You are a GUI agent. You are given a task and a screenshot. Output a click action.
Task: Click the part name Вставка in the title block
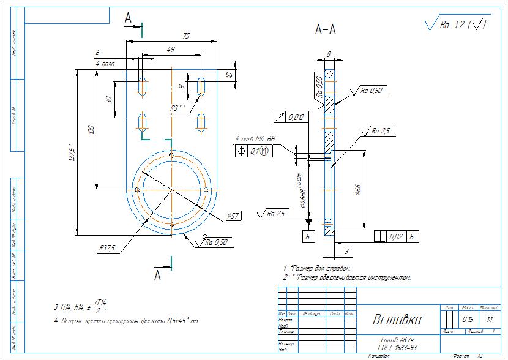(x=398, y=320)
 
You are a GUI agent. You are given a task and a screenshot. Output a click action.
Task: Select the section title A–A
(x=325, y=29)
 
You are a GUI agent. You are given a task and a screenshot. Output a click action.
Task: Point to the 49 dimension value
(x=171, y=49)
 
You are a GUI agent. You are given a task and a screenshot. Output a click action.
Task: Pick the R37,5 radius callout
(x=108, y=248)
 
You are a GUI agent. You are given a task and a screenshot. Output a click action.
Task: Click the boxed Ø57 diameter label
(x=233, y=216)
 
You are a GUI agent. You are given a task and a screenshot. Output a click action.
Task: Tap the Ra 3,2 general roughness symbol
(x=457, y=24)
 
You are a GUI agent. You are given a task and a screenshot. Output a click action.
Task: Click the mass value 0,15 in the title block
(x=468, y=320)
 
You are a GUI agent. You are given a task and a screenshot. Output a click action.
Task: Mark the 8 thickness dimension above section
(x=329, y=54)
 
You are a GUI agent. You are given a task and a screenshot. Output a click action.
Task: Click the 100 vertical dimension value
(x=91, y=130)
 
